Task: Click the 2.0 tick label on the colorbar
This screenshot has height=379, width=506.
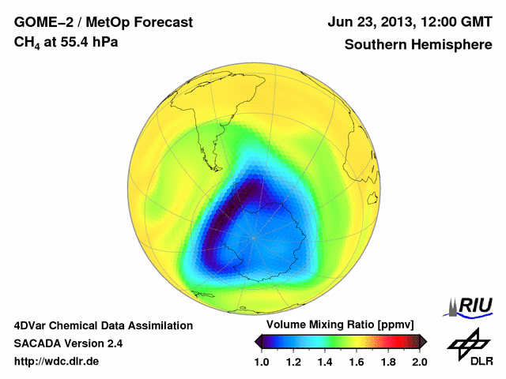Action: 420,362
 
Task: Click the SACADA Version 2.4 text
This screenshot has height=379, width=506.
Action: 68,343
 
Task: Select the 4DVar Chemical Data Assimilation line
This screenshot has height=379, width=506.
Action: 103,325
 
